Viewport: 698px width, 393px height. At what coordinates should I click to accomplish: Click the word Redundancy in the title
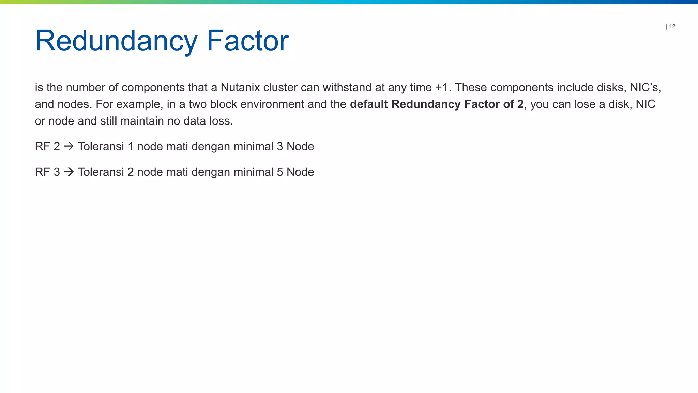[x=116, y=41]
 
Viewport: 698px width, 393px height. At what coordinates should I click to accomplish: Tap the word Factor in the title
[x=248, y=41]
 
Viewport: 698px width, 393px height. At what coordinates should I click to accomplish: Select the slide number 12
[x=672, y=26]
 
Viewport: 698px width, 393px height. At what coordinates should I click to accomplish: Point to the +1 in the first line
[x=442, y=87]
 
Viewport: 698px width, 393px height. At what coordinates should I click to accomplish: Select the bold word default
[x=369, y=104]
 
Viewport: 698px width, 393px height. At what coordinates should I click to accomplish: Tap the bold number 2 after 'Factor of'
[x=520, y=104]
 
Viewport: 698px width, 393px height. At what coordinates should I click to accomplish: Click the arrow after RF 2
[x=69, y=146]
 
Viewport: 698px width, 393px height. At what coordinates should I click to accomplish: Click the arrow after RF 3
[x=69, y=172]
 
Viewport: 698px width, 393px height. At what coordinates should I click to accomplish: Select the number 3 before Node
[x=280, y=146]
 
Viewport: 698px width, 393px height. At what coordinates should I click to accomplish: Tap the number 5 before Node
[x=280, y=172]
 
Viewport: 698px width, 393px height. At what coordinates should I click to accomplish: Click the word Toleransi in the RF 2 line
[x=101, y=146]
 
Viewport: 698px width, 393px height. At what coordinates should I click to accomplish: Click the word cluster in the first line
[x=280, y=87]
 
